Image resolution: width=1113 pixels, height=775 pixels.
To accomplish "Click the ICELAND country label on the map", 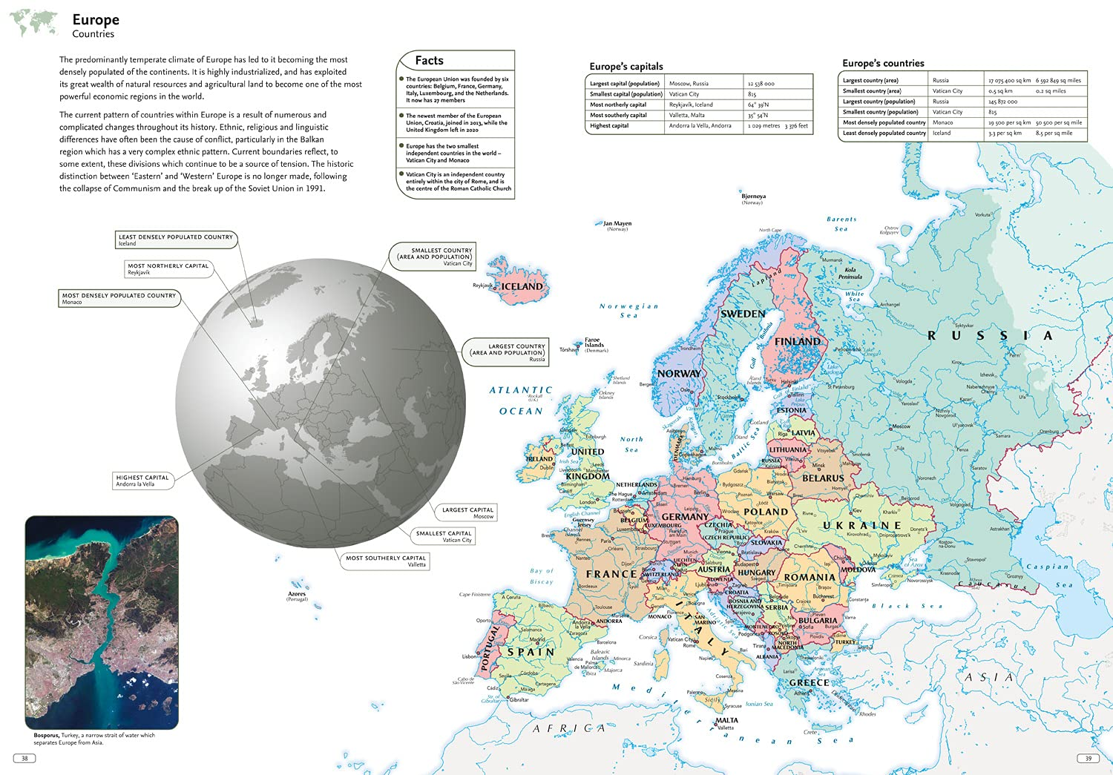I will coord(522,286).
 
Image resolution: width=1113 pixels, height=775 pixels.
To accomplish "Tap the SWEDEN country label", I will coord(743,314).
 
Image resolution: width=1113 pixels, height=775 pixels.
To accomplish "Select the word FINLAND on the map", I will coord(798,342).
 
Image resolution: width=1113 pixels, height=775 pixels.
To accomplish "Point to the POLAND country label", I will coord(766,512).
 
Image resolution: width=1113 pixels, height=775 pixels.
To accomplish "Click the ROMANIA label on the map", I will coord(810,577).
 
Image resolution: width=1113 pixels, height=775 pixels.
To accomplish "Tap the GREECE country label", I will coord(809,682).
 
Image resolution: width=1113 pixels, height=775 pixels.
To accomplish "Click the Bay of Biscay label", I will coord(542,576).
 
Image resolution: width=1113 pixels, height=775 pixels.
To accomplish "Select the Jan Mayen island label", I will coord(617,224).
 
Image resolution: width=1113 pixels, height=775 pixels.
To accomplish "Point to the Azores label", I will coord(297,595).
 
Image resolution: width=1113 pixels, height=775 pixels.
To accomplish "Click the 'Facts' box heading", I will coord(429,61).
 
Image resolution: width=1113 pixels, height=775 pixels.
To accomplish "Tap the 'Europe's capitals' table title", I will coord(626,66).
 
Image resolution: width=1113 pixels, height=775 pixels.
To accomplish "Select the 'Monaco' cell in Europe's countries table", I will coord(943,122).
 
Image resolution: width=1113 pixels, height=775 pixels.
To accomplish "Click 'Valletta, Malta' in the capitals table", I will coord(687,115).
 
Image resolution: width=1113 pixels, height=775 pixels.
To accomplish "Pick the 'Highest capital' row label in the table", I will coord(610,125).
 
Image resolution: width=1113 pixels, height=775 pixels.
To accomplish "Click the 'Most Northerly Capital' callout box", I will coord(168,268).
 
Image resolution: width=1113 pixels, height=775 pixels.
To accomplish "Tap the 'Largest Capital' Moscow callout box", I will coord(467,512).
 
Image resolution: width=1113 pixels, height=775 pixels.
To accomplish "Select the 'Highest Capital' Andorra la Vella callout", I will coord(142,481).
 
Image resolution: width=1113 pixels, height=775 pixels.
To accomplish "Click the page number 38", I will coord(24,758).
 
